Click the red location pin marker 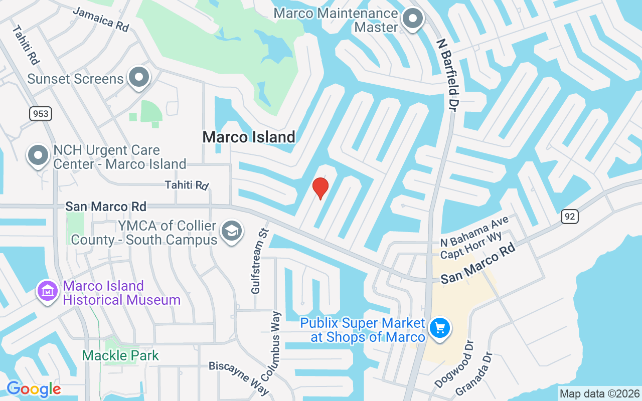(x=320, y=188)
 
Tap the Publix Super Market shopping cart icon (x=440, y=329)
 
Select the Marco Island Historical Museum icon (x=48, y=291)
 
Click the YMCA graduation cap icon (x=231, y=231)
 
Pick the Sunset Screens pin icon (x=139, y=78)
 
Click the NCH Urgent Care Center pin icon (x=38, y=155)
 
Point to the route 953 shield (x=41, y=114)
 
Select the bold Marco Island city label (x=249, y=137)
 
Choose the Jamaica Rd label (x=101, y=20)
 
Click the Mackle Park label (x=120, y=356)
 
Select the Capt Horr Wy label (x=471, y=248)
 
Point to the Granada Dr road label (x=473, y=375)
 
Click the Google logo (x=34, y=389)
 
